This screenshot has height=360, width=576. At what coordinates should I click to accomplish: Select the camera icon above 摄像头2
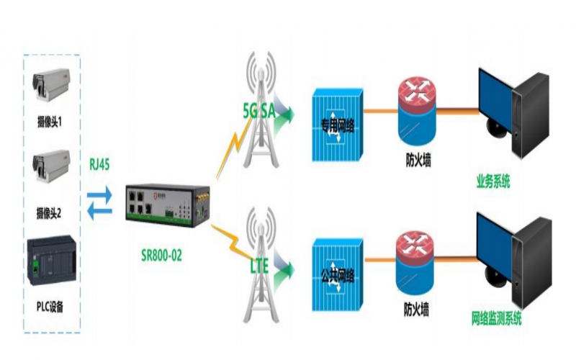point(50,164)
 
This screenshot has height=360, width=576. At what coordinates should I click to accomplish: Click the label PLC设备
point(50,307)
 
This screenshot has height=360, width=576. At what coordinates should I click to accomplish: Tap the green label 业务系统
point(494,181)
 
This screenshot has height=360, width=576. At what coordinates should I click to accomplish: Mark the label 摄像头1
point(50,123)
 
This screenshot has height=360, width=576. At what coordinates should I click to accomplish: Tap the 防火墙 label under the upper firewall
point(415,161)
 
